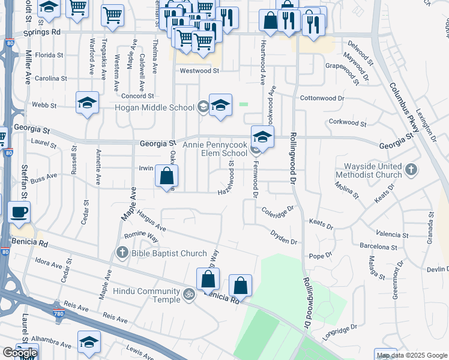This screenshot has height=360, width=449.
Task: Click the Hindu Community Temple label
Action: coord(146,295)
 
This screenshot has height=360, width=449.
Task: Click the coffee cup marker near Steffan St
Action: coord(19,212)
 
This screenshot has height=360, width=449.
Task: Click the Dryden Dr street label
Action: coord(283,237)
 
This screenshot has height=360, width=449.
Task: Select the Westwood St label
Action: coord(200,70)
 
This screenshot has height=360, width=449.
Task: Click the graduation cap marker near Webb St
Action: coord(87,103)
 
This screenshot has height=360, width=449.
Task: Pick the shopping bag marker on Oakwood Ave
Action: coord(166,176)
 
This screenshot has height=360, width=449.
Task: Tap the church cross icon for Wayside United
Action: coord(411,169)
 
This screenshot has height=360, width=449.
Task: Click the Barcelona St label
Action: coord(379,246)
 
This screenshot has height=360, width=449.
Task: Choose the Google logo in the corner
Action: coord(20,353)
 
